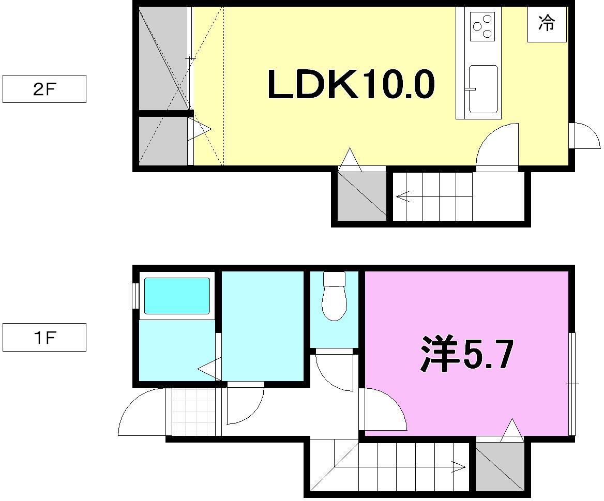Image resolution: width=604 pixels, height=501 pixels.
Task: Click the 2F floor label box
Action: tap(44, 89)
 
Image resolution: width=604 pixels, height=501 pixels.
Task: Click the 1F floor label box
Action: tap(44, 338)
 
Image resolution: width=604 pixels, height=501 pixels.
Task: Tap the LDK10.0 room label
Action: tap(351, 85)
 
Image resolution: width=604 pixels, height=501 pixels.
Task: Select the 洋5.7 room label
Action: tap(466, 355)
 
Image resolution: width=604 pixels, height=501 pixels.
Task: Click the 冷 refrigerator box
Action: tap(547, 24)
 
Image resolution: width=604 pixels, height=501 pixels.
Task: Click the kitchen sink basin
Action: tap(483, 89)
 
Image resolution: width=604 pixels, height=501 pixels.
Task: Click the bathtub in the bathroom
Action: tap(176, 296)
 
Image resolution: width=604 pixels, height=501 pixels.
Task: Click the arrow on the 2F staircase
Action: tap(403, 196)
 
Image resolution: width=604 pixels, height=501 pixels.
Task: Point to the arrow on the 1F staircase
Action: tap(458, 467)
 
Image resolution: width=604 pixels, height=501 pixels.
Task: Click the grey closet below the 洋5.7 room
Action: tap(499, 466)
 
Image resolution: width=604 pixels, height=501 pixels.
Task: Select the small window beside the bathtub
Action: tap(135, 296)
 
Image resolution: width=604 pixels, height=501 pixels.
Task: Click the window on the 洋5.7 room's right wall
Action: tap(571, 384)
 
